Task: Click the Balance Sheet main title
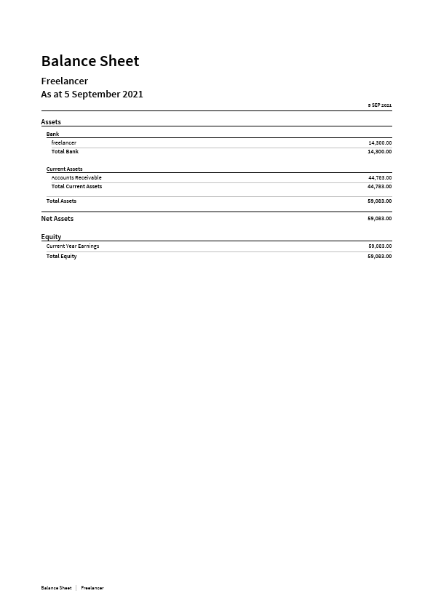point(90,61)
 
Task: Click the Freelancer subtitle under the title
point(65,81)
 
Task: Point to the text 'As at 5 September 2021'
point(92,94)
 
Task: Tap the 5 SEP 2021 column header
point(380,105)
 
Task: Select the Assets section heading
point(51,122)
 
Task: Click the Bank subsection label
point(53,134)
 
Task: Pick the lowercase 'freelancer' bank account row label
point(64,142)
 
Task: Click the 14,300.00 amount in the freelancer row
point(380,142)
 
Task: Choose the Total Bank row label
point(65,151)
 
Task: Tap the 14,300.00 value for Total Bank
point(380,151)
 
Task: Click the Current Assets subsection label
point(65,169)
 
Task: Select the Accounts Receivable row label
point(76,177)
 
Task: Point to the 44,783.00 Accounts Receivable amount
point(380,177)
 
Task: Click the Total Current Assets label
point(76,186)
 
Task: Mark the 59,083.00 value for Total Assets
point(380,201)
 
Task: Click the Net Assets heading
point(57,218)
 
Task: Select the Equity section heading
point(51,237)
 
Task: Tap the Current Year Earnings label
point(73,246)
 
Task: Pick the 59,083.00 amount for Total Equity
point(380,256)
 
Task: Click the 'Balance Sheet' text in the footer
point(56,587)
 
